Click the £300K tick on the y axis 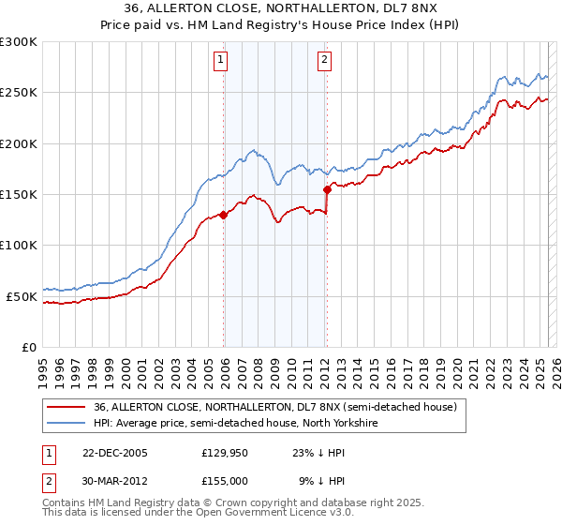18,42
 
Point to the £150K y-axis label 18,195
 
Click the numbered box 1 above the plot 221,59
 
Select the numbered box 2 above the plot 324,59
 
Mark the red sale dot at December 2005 224,215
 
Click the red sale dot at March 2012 327,189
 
